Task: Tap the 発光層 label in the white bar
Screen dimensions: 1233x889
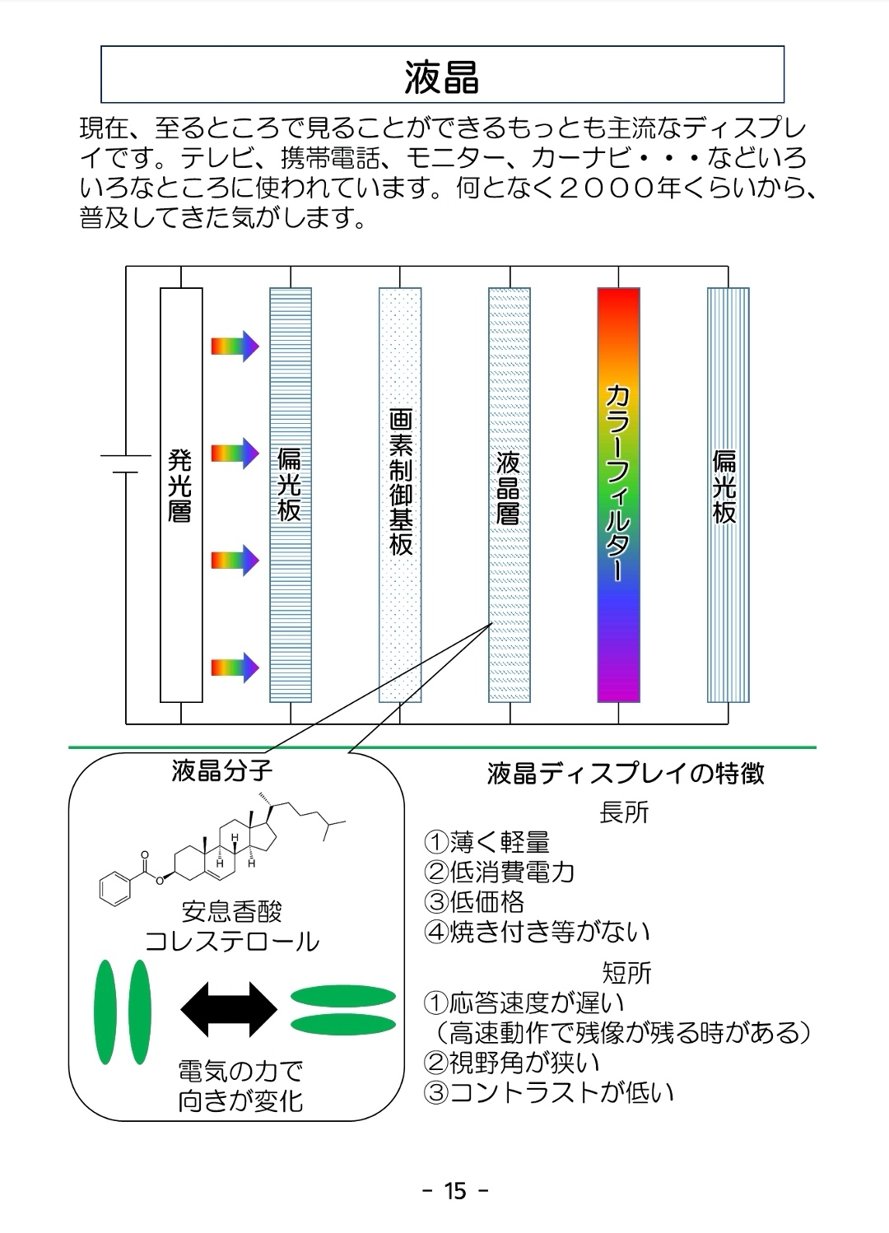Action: [x=180, y=486]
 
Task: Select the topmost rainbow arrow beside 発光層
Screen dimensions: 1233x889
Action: [x=235, y=347]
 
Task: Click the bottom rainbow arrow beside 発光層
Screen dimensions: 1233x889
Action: [x=235, y=667]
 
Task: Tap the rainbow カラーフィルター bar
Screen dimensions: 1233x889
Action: [x=618, y=494]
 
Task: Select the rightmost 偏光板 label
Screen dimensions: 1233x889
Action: [x=725, y=486]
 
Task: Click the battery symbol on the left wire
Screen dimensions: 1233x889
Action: [x=125, y=463]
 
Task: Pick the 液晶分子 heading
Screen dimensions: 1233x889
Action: [x=221, y=771]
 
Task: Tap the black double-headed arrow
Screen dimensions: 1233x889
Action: [x=229, y=1009]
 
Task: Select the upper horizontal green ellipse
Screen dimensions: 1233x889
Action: [x=343, y=996]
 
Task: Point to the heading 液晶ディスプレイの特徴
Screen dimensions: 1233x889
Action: [x=626, y=774]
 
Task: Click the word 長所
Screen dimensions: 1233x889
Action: [x=625, y=812]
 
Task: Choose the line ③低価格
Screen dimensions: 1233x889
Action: [x=475, y=901]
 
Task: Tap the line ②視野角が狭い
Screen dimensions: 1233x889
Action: [x=512, y=1063]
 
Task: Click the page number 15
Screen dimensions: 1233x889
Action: [x=455, y=1191]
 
